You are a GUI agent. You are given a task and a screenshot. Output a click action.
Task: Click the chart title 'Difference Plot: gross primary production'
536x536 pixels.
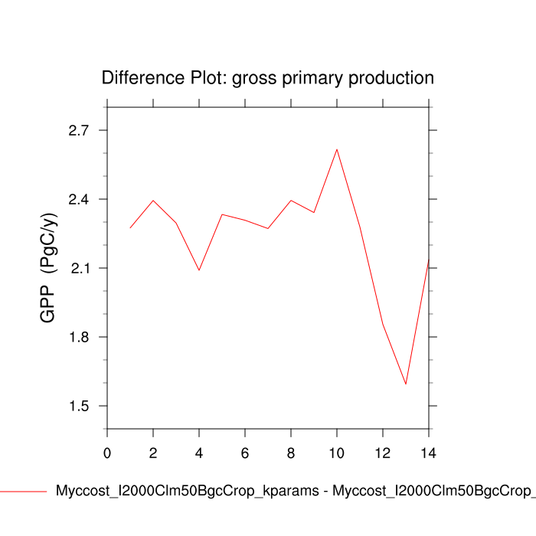(x=268, y=78)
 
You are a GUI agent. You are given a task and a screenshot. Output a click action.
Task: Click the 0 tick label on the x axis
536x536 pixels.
(x=107, y=453)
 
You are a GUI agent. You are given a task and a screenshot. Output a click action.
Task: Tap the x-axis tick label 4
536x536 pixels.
(x=199, y=453)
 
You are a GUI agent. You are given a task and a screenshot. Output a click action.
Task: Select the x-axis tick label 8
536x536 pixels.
(x=291, y=453)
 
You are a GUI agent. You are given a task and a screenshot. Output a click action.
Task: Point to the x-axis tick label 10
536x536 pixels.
(x=337, y=453)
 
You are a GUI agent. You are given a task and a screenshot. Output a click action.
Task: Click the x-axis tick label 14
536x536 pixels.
(x=429, y=453)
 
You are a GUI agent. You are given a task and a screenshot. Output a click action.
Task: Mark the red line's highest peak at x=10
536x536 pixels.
(x=337, y=149)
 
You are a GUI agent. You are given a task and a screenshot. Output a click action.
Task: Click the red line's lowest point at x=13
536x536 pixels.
(x=406, y=384)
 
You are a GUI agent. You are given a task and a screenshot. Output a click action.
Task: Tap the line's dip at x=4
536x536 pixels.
(x=199, y=270)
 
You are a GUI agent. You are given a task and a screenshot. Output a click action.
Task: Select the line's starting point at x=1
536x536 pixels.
(x=130, y=227)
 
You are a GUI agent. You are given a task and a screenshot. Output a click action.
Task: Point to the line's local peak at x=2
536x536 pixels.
(x=153, y=201)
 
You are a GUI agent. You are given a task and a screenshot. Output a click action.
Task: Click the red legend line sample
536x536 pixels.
(x=23, y=492)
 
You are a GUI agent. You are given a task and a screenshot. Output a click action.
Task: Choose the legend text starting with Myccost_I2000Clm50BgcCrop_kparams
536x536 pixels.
(x=295, y=492)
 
